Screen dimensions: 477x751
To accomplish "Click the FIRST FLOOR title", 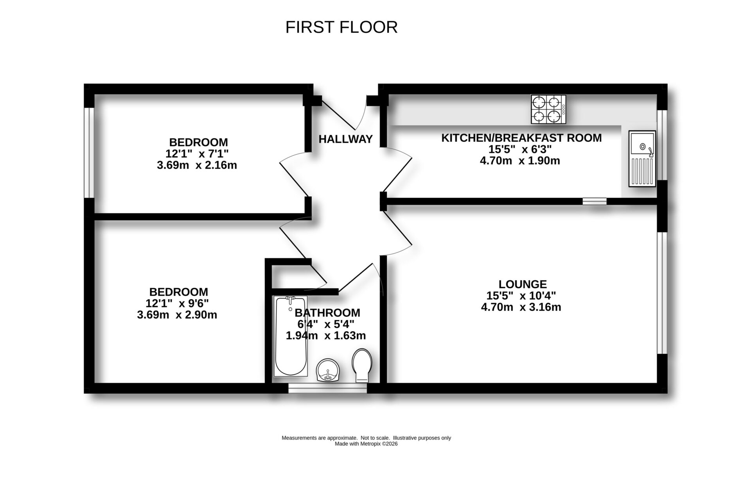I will pyautogui.click(x=341, y=27).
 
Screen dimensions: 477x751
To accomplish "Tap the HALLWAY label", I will pyautogui.click(x=345, y=139).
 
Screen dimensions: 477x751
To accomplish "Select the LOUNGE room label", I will pyautogui.click(x=522, y=284).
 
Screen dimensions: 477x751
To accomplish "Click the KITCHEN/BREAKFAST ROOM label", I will pyautogui.click(x=521, y=138).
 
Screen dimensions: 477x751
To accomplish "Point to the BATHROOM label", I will pyautogui.click(x=327, y=313).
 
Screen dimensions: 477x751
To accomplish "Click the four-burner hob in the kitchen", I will pyautogui.click(x=548, y=109).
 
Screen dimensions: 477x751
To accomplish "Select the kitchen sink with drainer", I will pyautogui.click(x=642, y=159).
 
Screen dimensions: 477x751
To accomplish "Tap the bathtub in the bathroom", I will pyautogui.click(x=290, y=336).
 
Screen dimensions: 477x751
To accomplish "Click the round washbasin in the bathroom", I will pyautogui.click(x=328, y=370).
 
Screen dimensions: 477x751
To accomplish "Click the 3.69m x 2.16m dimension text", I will pyautogui.click(x=197, y=165).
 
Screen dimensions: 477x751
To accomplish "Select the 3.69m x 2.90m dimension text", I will pyautogui.click(x=177, y=315).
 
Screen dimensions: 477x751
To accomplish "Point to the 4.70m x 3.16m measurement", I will pyautogui.click(x=521, y=307).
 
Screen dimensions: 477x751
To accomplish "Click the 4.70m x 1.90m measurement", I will pyautogui.click(x=519, y=161).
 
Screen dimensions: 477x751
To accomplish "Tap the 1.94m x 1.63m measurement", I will pyautogui.click(x=325, y=336).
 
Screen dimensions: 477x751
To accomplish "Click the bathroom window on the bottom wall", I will pyautogui.click(x=327, y=388).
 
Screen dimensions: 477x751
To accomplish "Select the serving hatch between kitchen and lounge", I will pyautogui.click(x=594, y=201).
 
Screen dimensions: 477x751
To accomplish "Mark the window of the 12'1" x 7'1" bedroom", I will pyautogui.click(x=89, y=152).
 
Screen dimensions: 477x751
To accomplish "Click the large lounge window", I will pyautogui.click(x=662, y=293).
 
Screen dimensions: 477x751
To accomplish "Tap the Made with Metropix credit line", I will pyautogui.click(x=366, y=444).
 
